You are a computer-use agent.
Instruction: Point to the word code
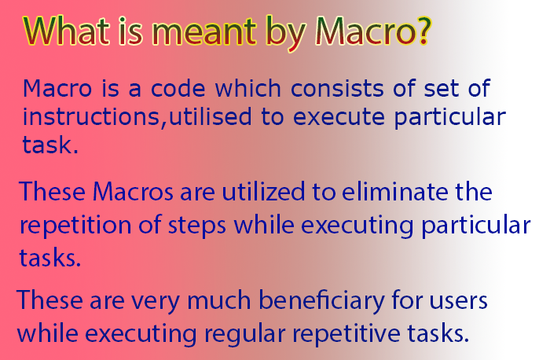pyautogui.click(x=178, y=88)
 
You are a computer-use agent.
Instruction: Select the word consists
pyautogui.click(x=337, y=88)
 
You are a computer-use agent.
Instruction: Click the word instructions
pyautogui.click(x=91, y=116)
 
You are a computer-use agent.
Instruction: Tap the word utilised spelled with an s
pyautogui.click(x=211, y=116)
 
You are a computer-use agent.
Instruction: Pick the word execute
pyautogui.click(x=339, y=117)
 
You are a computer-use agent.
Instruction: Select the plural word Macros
pyautogui.click(x=133, y=192)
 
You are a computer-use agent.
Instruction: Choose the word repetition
pyautogui.click(x=75, y=226)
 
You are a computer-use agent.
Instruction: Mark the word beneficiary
pyautogui.click(x=321, y=301)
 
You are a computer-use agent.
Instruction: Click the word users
pyautogui.click(x=458, y=301)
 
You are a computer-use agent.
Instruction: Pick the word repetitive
pyautogui.click(x=346, y=333)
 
